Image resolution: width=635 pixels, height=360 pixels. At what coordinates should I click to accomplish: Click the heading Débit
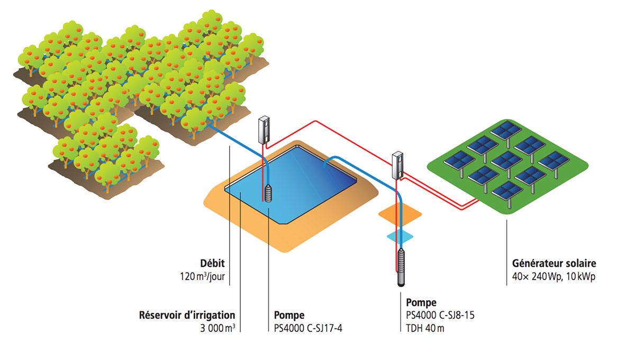click(x=214, y=263)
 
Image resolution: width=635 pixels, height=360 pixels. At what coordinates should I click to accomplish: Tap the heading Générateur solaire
click(x=554, y=263)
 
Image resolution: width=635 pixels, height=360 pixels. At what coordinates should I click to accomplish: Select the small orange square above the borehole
click(x=400, y=213)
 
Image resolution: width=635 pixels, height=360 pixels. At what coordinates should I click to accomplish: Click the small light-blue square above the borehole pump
click(x=400, y=236)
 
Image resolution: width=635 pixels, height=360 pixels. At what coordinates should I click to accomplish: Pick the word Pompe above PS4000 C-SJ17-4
click(x=289, y=315)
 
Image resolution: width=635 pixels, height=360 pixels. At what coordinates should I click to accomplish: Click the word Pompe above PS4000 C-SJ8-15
click(x=421, y=303)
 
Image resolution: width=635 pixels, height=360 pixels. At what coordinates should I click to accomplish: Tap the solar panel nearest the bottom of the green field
click(x=507, y=191)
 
